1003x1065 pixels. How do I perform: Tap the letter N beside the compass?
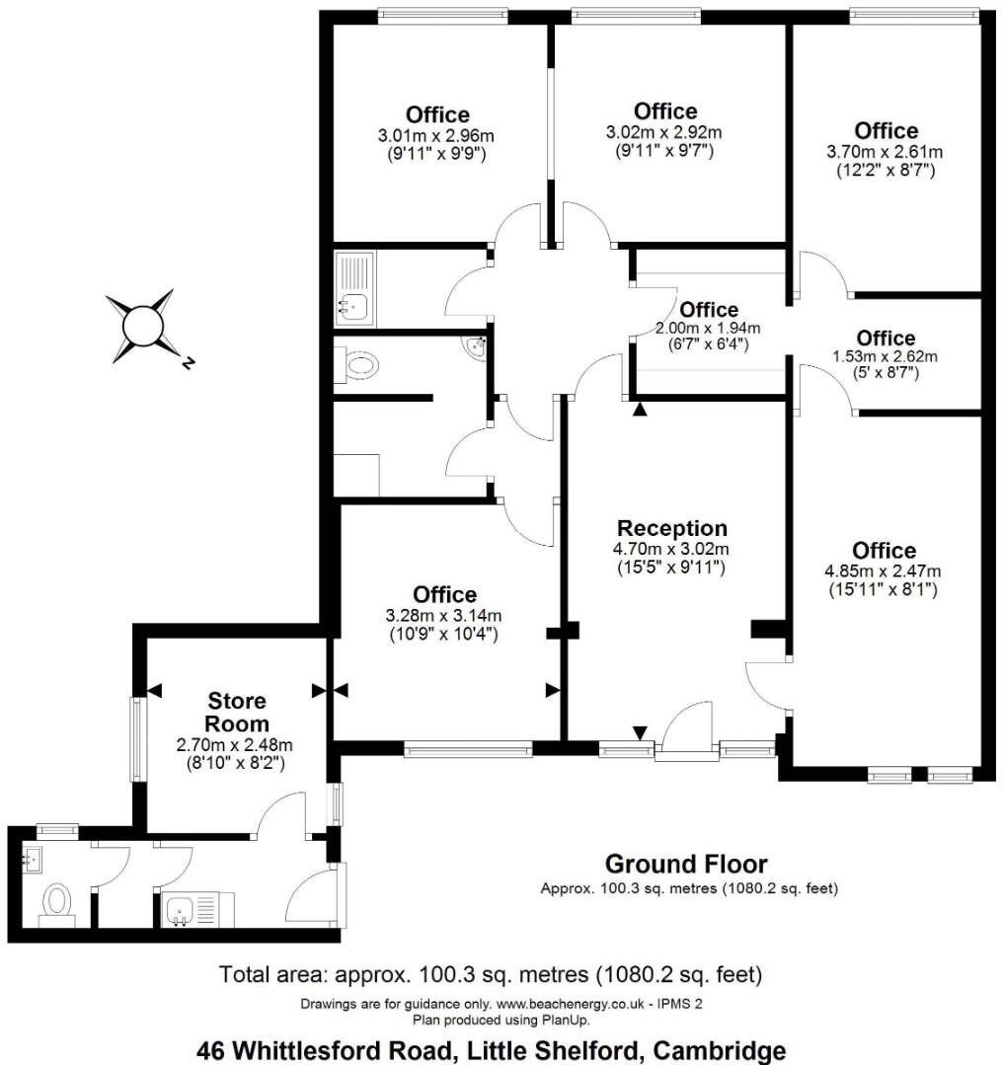187,363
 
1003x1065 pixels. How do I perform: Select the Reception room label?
671,528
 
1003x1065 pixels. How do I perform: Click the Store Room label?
236,712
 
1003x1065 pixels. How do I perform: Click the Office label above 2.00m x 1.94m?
709,310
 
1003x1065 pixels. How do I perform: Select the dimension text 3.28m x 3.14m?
444,615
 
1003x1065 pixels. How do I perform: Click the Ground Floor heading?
685,865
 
